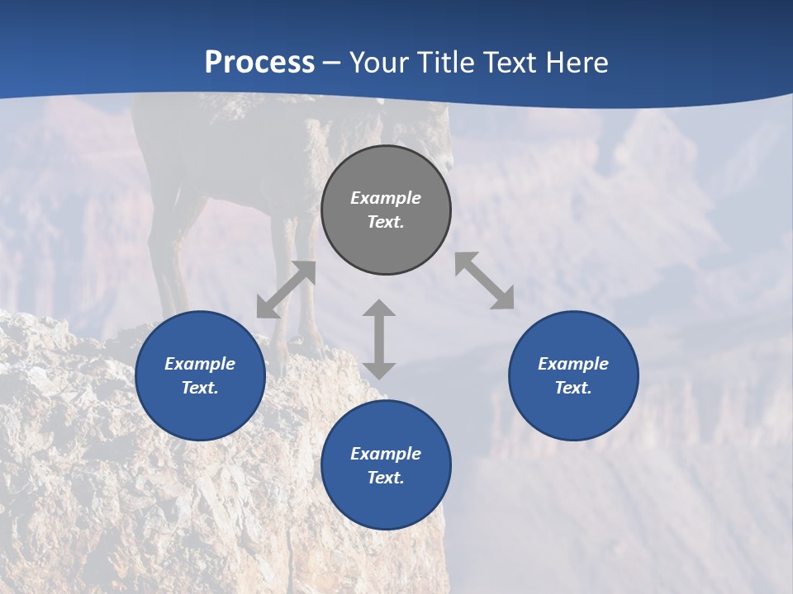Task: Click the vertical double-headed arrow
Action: (x=379, y=339)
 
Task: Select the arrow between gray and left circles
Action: (x=286, y=290)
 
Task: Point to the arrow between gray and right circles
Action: (x=484, y=280)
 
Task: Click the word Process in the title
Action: (x=259, y=62)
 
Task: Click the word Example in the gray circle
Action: (x=386, y=198)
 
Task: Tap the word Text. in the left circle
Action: (x=200, y=388)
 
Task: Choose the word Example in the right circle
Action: (x=573, y=364)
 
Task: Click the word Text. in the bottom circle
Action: (x=386, y=478)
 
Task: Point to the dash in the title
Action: (x=331, y=63)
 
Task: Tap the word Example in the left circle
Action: (x=200, y=364)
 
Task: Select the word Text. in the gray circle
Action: (x=386, y=222)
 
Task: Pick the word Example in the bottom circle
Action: (x=386, y=454)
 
